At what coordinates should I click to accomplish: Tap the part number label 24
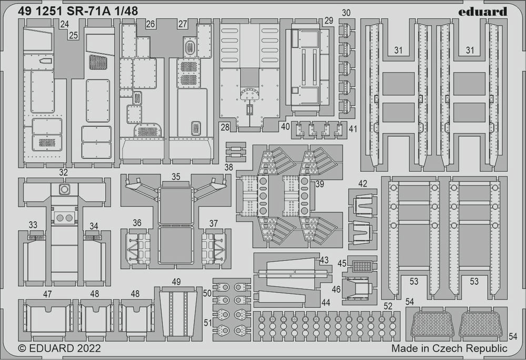click(64, 24)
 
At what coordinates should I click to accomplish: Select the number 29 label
click(329, 21)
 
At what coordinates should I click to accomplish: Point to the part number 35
click(176, 177)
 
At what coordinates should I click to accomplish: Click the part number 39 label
click(320, 183)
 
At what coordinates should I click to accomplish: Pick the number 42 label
click(362, 183)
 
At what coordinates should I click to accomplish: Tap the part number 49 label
click(176, 282)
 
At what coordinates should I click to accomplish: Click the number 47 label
click(47, 294)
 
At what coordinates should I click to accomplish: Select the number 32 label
click(64, 172)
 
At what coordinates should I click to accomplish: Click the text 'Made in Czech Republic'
click(449, 348)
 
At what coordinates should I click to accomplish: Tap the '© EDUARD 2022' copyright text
click(59, 348)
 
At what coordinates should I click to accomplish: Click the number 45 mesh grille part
click(362, 266)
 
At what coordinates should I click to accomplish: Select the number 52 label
click(388, 306)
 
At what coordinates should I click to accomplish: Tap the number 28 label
click(225, 128)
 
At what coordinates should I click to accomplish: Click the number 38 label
click(228, 167)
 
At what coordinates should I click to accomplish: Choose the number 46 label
click(336, 289)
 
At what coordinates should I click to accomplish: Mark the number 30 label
click(346, 13)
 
